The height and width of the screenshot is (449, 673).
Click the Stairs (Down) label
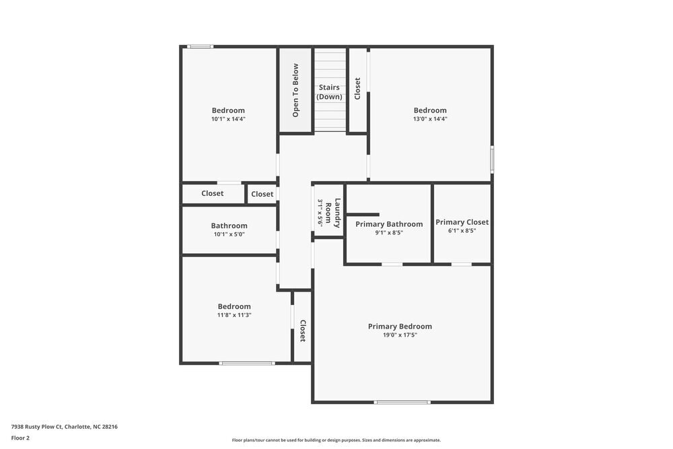coord(329,92)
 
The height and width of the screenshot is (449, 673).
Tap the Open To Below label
coord(295,90)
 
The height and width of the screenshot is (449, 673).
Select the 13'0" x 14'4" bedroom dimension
coord(430,119)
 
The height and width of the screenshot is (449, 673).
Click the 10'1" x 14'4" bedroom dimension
coord(228,119)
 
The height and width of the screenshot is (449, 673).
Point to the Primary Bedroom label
coord(400,326)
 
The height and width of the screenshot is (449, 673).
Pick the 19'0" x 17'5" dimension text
coord(400,335)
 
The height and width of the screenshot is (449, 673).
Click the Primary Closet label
coord(462,222)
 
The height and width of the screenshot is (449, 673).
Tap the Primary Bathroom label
coord(389,224)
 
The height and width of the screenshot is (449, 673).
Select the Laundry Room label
coord(333,213)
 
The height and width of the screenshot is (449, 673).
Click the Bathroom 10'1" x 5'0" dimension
coord(229,235)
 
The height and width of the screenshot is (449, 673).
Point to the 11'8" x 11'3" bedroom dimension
coord(234,315)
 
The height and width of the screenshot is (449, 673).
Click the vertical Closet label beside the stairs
coord(357,89)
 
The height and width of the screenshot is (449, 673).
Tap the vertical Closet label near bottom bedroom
coord(303,331)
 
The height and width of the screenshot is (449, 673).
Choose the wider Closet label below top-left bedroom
coord(212,194)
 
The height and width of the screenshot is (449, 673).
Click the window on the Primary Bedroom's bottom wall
coord(402,403)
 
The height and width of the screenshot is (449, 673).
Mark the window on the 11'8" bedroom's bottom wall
coord(247,364)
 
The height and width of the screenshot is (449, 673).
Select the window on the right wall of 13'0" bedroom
coord(492,160)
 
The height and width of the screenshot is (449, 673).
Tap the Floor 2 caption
coord(21,438)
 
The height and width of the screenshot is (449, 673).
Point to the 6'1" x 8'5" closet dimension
coord(462,231)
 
